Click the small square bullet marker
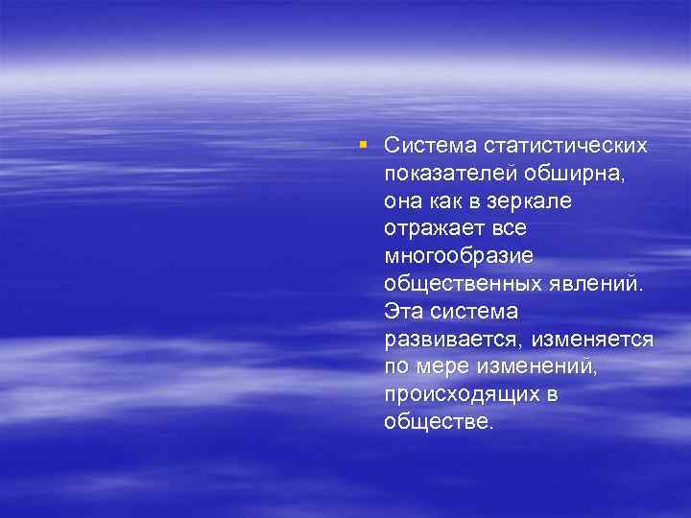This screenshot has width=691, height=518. (x=363, y=144)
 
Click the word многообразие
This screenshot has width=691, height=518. (x=458, y=256)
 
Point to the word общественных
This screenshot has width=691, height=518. (x=457, y=284)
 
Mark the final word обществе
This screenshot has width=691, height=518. (x=439, y=422)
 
